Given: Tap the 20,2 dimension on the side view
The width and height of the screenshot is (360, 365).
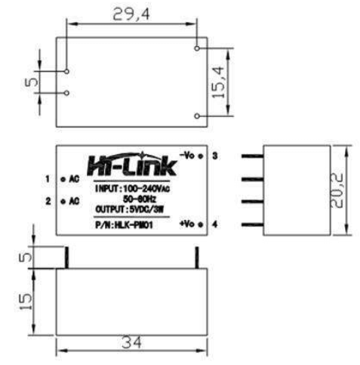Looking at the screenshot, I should click(340, 190).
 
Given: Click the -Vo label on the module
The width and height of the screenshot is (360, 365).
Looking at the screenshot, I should click(189, 155).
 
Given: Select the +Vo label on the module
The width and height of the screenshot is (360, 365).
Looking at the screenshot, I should click(189, 224).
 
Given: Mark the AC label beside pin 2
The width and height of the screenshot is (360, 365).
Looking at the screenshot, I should click(74, 202).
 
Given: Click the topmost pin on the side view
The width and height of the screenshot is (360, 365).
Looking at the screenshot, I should click(251, 156).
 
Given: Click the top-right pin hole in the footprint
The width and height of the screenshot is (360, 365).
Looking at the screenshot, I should click(197, 48).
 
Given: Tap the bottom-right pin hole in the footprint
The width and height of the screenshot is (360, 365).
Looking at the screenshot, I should click(197, 116).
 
